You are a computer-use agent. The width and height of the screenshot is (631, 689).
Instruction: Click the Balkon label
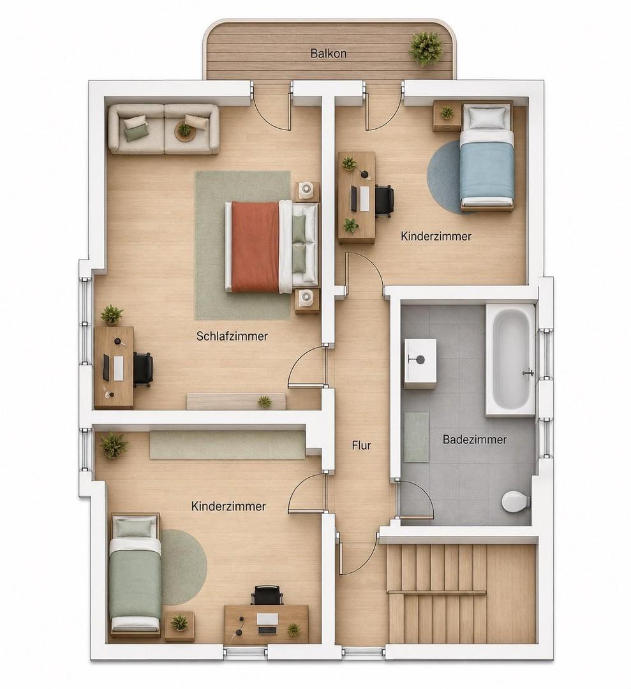[328, 54]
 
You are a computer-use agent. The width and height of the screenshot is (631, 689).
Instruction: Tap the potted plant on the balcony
[426, 47]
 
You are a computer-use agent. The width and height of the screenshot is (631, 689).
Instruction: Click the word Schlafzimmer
[232, 336]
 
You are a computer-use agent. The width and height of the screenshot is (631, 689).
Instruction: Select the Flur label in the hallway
[361, 445]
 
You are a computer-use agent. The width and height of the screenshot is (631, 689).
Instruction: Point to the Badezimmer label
[475, 440]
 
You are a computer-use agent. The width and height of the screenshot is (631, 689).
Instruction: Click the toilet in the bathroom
[516, 501]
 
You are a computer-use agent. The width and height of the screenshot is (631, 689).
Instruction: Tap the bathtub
[510, 360]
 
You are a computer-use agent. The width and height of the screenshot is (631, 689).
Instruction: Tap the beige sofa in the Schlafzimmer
[164, 129]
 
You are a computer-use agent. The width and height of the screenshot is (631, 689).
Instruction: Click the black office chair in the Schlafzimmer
[144, 369]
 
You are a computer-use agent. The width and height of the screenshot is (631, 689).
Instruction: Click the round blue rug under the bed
[445, 176]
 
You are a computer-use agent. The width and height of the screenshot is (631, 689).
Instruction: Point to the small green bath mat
[416, 437]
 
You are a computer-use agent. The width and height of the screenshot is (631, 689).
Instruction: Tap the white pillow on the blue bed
[487, 117]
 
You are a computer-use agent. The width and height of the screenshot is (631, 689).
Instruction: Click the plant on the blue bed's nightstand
[447, 112]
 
